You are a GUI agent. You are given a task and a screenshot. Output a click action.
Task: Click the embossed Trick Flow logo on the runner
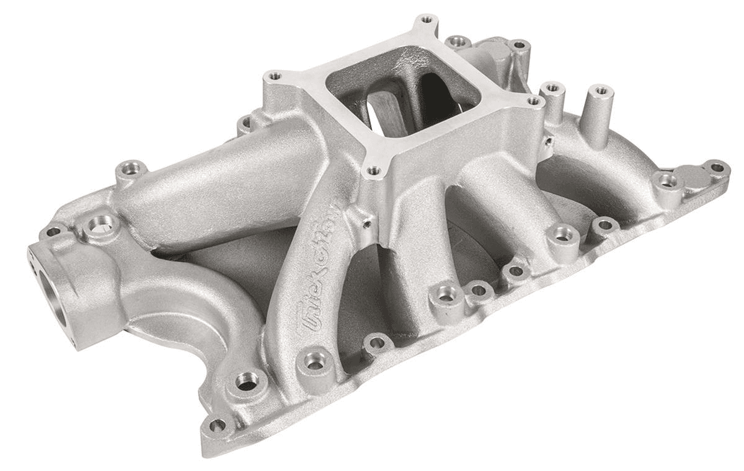point(318,263)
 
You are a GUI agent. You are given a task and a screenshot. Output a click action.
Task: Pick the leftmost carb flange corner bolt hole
point(273,76)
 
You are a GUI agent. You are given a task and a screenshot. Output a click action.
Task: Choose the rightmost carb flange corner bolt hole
point(532,100)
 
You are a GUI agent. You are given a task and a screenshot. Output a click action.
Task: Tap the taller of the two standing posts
point(599,115)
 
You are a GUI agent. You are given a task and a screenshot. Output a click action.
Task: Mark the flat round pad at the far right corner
point(690,178)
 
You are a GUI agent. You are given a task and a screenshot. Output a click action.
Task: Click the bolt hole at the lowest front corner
point(218,426)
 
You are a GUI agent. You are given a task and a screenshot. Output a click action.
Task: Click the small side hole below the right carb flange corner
point(548,141)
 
